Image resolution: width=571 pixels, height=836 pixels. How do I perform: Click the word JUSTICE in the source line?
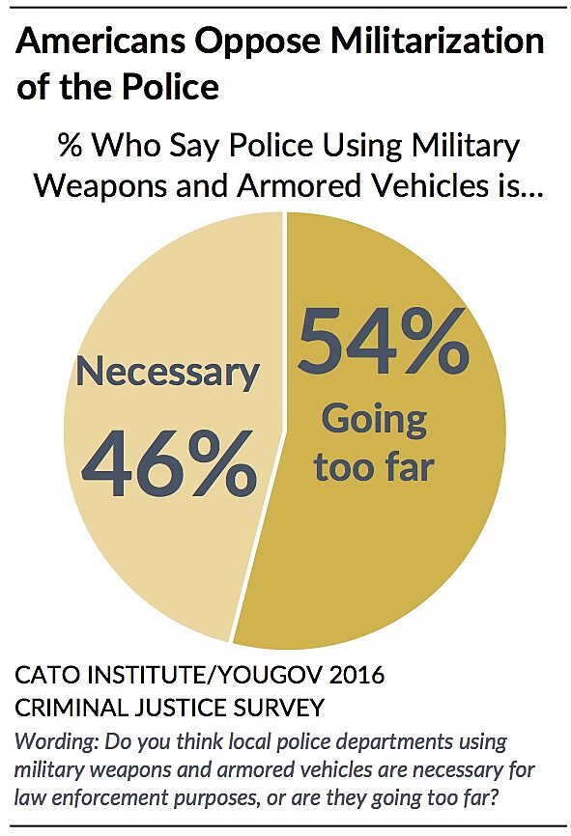[181, 709]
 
